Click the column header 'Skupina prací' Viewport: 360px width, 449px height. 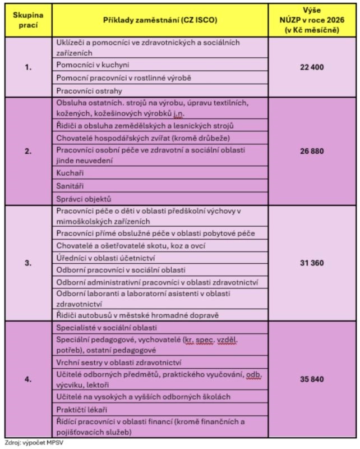point(28,20)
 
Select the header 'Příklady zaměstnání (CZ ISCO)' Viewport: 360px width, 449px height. point(160,20)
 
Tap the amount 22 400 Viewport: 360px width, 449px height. point(312,66)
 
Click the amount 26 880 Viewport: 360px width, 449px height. point(312,151)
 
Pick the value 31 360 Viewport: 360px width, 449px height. point(312,263)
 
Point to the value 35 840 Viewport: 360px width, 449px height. point(312,379)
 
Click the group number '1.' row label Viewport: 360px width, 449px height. point(28,67)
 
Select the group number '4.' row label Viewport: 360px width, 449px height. point(28,379)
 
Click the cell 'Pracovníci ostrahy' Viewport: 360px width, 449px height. point(90,90)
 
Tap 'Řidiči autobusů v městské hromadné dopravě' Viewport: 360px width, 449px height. point(137,315)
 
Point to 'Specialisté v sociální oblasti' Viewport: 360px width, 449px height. point(107,327)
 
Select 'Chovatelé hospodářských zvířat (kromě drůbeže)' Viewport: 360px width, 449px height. point(135,138)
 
